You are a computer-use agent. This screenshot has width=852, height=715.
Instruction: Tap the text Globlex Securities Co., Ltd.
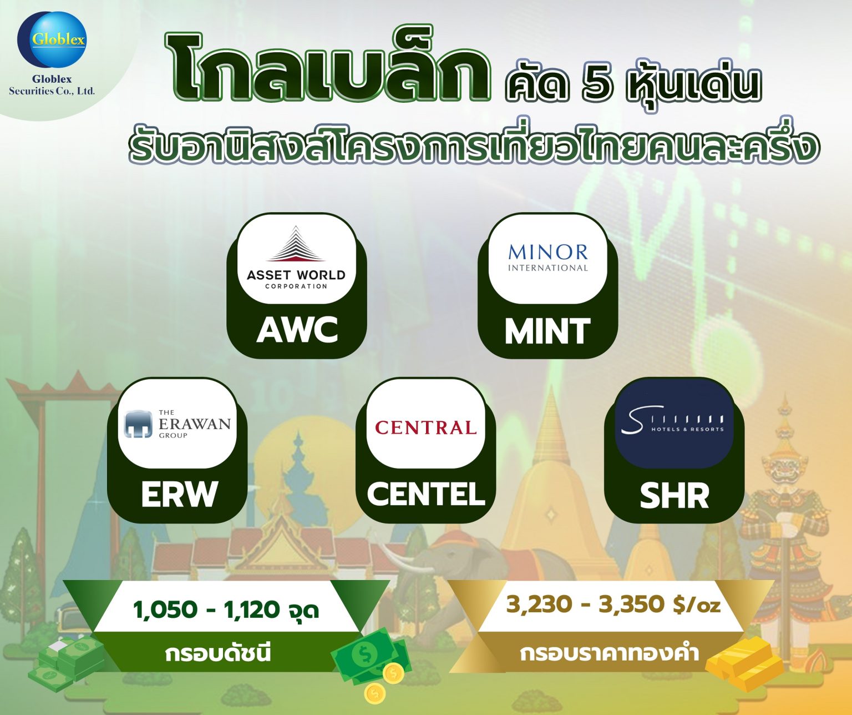tap(52, 85)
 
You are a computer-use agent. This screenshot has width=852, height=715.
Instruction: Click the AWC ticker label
tap(297, 330)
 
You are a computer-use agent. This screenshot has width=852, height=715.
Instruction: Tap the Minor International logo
tap(547, 258)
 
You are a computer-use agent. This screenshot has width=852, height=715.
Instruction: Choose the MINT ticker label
tap(547, 331)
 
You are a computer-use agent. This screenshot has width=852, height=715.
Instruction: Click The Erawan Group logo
tap(177, 424)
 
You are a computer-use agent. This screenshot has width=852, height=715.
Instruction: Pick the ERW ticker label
tap(179, 494)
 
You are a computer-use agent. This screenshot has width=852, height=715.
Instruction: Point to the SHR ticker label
tap(674, 496)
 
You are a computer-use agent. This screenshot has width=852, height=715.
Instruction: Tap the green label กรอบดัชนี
tap(218, 653)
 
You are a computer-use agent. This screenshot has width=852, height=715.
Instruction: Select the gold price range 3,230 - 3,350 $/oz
tap(613, 605)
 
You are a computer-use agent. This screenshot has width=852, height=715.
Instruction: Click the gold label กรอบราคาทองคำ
tap(608, 653)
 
